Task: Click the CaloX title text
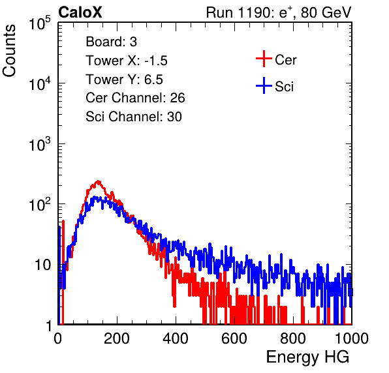tap(80, 12)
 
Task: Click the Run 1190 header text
tap(279, 12)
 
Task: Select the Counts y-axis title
tap(9, 51)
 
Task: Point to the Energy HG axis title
tap(307, 357)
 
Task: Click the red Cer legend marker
tap(264, 59)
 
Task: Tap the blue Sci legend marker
tap(264, 85)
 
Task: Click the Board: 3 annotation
tap(111, 42)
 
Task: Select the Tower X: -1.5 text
tap(127, 61)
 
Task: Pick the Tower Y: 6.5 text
tap(124, 80)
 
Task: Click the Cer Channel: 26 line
tap(135, 98)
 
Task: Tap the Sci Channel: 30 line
tap(134, 117)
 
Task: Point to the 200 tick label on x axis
tap(117, 338)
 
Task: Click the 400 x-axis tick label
tap(176, 338)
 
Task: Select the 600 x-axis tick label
tap(234, 338)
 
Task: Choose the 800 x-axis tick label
tap(293, 338)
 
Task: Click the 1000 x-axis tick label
tap(352, 338)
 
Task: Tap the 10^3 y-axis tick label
tap(40, 144)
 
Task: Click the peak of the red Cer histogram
tap(99, 181)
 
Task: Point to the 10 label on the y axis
tap(42, 265)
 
